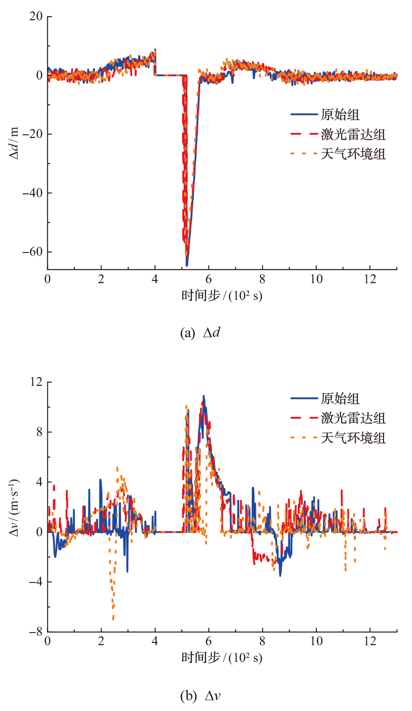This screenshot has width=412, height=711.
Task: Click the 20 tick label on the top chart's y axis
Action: pos(36,17)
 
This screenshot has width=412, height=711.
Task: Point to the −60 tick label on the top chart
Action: pos(32,252)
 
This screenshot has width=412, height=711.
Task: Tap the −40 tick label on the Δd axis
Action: pos(32,193)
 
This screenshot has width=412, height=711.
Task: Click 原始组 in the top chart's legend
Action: pos(340,115)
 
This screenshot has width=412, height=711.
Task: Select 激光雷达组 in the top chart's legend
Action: pos(353,134)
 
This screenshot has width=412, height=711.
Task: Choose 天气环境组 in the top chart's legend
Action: pos(353,154)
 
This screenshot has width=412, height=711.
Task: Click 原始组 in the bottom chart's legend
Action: pos(340,399)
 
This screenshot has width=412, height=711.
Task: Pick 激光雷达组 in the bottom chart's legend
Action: pos(353,418)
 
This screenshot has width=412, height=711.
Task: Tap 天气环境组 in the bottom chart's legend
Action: pos(353,438)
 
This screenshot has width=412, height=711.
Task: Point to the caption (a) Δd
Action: pos(200,333)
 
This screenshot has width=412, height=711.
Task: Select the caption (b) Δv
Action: pos(200,696)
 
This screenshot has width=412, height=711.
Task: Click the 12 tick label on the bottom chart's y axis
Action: pos(36,382)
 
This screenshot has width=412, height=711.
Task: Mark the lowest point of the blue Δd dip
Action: pos(187,265)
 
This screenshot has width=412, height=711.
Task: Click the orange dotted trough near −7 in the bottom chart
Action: pos(113,619)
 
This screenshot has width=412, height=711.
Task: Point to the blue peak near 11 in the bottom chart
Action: pos(204,396)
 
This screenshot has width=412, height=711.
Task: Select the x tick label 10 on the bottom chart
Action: pos(316,641)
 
